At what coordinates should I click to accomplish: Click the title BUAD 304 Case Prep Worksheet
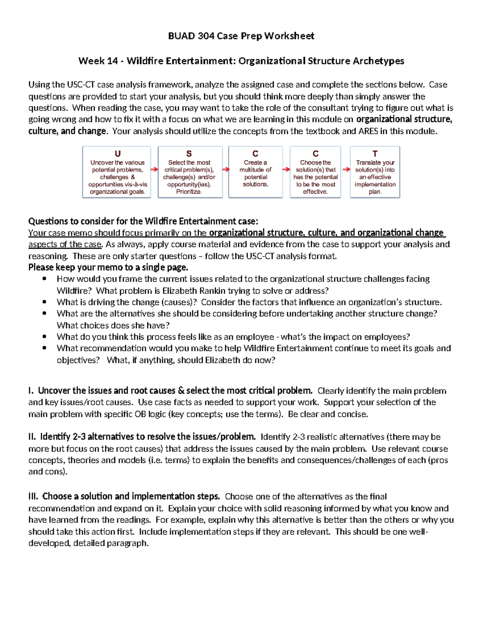click(x=241, y=36)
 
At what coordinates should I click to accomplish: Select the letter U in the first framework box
click(x=118, y=154)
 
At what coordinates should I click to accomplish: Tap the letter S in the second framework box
click(x=189, y=154)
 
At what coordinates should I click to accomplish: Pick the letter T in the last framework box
click(x=375, y=154)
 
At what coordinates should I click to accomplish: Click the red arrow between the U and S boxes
click(x=154, y=169)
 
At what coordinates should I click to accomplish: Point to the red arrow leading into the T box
click(x=346, y=169)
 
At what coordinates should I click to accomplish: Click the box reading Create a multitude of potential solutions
click(x=255, y=172)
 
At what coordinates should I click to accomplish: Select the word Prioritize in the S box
click(x=189, y=192)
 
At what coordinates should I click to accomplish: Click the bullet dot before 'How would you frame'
click(x=44, y=279)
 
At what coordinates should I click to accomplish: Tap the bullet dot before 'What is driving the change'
click(x=44, y=302)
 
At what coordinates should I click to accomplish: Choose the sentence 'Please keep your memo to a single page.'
click(x=108, y=268)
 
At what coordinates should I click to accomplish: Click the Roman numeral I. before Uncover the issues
click(x=31, y=391)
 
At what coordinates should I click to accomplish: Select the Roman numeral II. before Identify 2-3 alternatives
click(x=32, y=437)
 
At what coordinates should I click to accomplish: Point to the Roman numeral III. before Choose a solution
click(x=33, y=497)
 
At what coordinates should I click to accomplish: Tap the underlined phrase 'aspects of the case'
click(x=65, y=244)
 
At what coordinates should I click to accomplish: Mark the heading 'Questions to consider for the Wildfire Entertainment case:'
click(x=143, y=221)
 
